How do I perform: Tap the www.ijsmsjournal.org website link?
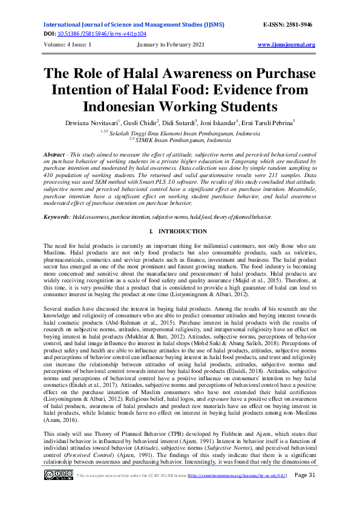286,45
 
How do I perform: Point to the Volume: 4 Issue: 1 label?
68,45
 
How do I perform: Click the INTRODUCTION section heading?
183,232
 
